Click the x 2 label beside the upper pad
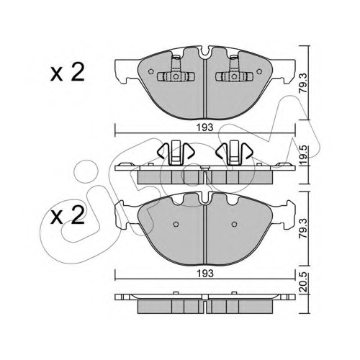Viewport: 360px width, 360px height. tap(68, 72)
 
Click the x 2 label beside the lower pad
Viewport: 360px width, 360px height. tap(68, 215)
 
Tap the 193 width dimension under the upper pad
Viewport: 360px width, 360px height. tap(205, 127)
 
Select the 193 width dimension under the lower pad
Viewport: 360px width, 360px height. tap(205, 274)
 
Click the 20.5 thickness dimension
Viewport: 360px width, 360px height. tap(304, 282)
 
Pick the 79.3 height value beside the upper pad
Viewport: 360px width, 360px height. tap(304, 84)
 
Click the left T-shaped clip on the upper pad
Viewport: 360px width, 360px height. tap(176, 72)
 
